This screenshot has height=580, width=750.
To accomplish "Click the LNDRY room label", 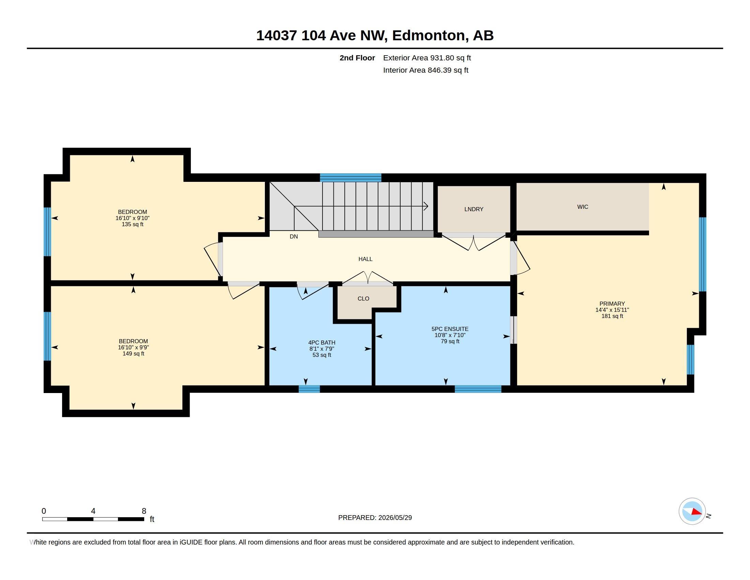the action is [474, 209].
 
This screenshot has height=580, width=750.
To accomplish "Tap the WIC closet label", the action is [582, 207].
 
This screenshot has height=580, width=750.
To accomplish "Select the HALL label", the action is [365, 259].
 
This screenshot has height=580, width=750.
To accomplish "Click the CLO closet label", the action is [363, 299].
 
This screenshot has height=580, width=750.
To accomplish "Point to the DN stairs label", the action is [294, 236].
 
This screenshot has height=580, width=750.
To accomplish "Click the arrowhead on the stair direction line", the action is [426, 206].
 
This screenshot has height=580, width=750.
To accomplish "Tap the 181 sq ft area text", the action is [612, 316].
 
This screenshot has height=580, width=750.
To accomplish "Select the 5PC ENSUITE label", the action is [450, 329].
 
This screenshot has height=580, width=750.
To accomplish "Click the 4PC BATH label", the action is [321, 343].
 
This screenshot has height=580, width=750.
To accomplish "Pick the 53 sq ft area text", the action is [321, 355].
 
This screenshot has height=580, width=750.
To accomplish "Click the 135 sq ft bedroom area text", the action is [132, 224].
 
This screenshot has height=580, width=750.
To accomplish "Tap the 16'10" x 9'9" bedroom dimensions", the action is [133, 347].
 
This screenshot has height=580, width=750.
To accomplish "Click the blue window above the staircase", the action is [350, 178].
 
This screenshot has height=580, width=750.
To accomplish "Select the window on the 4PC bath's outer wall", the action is [309, 389].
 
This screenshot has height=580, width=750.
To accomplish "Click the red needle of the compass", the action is [696, 512].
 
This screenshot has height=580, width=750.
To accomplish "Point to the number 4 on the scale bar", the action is [93, 511].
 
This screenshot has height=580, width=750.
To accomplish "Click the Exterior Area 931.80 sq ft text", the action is [427, 58].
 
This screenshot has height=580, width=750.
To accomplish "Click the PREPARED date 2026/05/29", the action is [395, 518].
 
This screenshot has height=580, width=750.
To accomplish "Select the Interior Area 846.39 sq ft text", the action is [425, 70].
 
